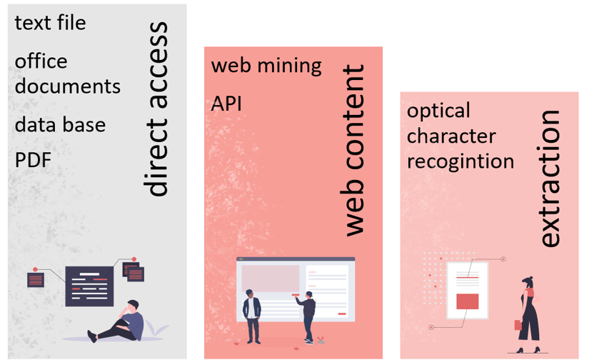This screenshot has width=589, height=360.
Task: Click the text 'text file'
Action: [50, 23]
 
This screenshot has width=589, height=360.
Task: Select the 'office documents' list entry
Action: [67, 74]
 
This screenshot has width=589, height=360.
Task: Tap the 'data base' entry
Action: [60, 124]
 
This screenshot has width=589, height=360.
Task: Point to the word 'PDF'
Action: [34, 160]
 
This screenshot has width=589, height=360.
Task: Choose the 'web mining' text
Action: [266, 66]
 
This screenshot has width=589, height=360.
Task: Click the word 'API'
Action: [226, 104]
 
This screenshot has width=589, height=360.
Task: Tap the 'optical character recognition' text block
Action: [460, 136]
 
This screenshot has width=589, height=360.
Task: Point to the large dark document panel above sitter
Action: [89, 285]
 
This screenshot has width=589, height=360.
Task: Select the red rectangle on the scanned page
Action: [467, 301]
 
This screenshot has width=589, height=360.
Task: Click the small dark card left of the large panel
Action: [36, 279]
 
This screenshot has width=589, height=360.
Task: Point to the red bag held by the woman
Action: [518, 325]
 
